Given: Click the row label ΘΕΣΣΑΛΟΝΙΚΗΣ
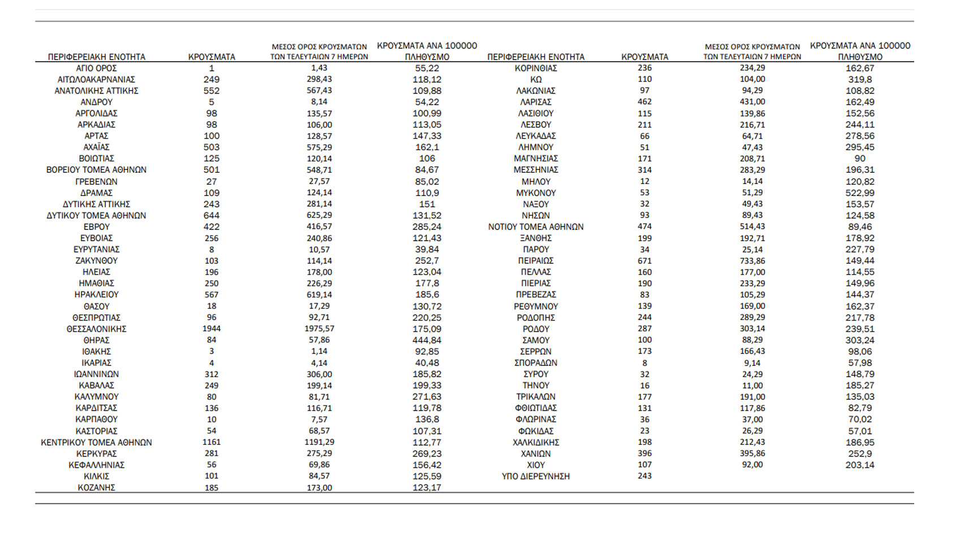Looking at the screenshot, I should click(96, 329).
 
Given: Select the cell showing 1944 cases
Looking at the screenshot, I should click(212, 329).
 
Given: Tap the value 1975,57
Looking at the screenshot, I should click(319, 329).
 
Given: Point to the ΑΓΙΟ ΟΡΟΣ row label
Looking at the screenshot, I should click(96, 68).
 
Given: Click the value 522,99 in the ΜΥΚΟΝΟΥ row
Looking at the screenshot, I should click(860, 193).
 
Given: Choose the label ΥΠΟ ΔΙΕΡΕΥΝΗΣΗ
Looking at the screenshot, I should click(535, 476).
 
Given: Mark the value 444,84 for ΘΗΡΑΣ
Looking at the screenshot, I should click(427, 340).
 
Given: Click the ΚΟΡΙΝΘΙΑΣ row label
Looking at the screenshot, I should click(535, 68).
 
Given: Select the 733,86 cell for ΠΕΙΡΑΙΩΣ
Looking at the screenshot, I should click(752, 261).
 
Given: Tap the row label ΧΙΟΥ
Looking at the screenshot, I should click(535, 465).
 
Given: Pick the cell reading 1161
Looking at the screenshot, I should click(212, 442).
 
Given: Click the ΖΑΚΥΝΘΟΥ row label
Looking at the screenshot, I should click(96, 261).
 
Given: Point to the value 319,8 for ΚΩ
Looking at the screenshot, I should click(860, 79).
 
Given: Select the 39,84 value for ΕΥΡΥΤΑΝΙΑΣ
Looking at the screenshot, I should click(427, 250).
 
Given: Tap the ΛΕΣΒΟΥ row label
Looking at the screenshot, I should click(535, 125).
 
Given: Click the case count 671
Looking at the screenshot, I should click(645, 261).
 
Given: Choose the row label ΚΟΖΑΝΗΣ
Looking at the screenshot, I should click(96, 488).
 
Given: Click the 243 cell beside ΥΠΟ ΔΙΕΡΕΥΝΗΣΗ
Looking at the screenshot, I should click(645, 476).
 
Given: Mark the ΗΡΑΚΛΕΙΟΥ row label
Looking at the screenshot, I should click(96, 295).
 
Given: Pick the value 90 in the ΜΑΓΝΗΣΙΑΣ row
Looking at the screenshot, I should click(860, 159).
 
